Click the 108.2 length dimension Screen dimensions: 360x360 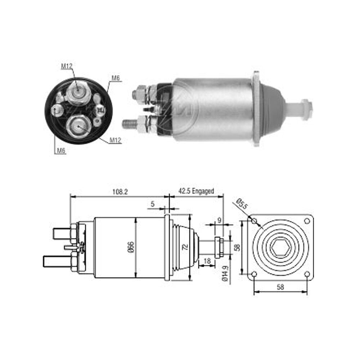pyautogui.click(x=120, y=192)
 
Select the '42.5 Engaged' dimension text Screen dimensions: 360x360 pyautogui.click(x=196, y=191)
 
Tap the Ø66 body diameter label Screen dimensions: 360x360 pyautogui.click(x=131, y=247)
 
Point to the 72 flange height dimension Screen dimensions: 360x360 pyautogui.click(x=185, y=247)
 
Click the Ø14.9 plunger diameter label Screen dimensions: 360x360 pyautogui.click(x=225, y=273)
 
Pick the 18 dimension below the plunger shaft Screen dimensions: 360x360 pyautogui.click(x=207, y=261)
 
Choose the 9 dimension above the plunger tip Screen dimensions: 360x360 pyautogui.click(x=219, y=220)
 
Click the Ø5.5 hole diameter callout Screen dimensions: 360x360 pyautogui.click(x=242, y=204)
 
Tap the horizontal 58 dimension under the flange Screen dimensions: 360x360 pyautogui.click(x=280, y=287)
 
